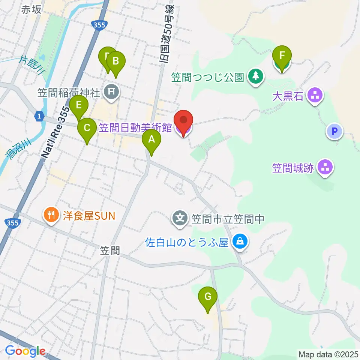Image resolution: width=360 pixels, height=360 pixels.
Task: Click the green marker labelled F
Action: [282, 57]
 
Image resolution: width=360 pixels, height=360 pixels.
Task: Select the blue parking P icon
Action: [335, 131]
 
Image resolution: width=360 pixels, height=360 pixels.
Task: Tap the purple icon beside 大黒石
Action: [315, 95]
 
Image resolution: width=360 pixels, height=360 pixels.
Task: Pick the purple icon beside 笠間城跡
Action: [325, 167]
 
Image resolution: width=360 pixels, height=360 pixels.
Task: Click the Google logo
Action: [25, 351]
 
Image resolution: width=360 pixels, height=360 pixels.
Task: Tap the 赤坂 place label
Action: [31, 10]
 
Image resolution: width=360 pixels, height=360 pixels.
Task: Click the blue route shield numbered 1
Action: [39, 116]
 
